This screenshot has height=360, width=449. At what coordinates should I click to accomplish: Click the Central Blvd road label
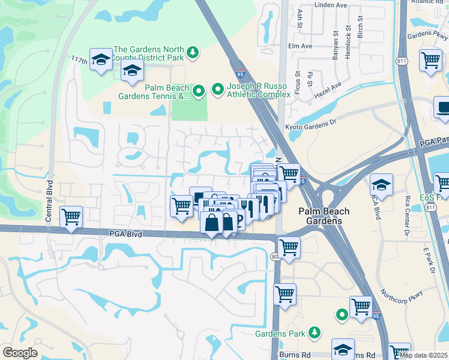[50, 202]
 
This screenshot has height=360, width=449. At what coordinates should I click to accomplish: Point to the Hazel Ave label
[328, 89]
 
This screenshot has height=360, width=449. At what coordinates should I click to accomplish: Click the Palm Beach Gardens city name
[321, 217]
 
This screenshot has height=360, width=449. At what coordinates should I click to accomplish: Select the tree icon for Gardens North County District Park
[193, 53]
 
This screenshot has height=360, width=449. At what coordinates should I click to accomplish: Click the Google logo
[20, 353]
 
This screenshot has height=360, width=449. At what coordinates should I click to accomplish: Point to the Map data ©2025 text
[423, 355]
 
